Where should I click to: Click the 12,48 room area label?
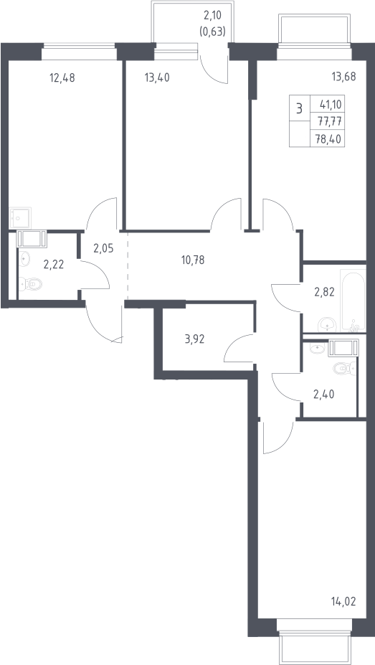[x=62, y=78]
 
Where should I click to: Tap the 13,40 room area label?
[x=157, y=78]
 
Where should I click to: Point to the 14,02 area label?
[x=343, y=601]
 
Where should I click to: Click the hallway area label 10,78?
[x=193, y=260]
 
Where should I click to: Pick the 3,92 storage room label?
[x=194, y=339]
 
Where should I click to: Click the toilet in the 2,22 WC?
[x=31, y=283]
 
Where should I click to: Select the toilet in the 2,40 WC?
[x=344, y=369]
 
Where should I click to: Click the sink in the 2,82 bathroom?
[x=327, y=325]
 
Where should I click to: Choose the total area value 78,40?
[x=328, y=138]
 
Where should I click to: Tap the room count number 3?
[x=300, y=108]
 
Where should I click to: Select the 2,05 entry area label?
[x=103, y=248]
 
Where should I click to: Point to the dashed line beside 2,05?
[x=127, y=267]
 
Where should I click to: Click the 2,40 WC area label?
[x=324, y=395]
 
